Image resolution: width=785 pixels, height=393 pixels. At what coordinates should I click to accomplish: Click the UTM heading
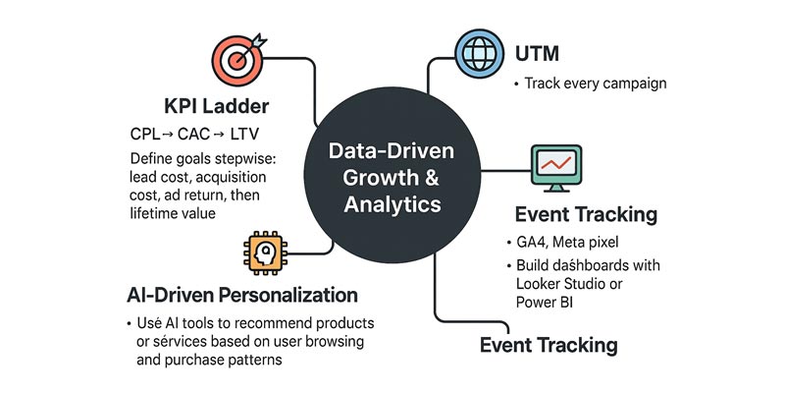point(538,53)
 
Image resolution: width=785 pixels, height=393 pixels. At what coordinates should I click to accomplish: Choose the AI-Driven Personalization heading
point(241,296)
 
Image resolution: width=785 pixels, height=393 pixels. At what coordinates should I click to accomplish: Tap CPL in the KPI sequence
point(151,136)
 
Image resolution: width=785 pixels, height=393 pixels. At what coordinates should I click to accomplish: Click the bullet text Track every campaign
point(596,84)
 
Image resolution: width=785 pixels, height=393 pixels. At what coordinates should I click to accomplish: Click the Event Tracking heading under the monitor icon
point(586,213)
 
